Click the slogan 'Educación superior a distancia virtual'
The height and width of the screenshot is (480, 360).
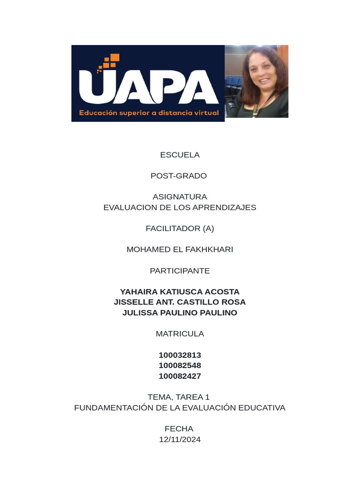tap(149, 113)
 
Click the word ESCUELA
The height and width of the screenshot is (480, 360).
tap(180, 155)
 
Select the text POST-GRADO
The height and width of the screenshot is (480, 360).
tap(179, 176)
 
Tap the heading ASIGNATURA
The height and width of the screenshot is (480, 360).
tap(180, 197)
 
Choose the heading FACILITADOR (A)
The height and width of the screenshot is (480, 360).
tap(180, 228)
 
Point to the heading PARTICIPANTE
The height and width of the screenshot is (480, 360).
tap(180, 270)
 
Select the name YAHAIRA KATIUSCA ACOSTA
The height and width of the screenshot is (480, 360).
tap(180, 292)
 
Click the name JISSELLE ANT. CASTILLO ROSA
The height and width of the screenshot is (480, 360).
tap(180, 302)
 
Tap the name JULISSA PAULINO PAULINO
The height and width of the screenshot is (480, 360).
tap(180, 313)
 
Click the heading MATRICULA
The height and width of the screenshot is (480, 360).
tap(180, 334)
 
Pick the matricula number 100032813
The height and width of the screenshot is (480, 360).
tap(180, 355)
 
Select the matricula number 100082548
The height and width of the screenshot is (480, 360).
tap(180, 365)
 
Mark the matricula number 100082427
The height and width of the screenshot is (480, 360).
tap(180, 376)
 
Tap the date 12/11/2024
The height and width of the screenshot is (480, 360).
tap(180, 439)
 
